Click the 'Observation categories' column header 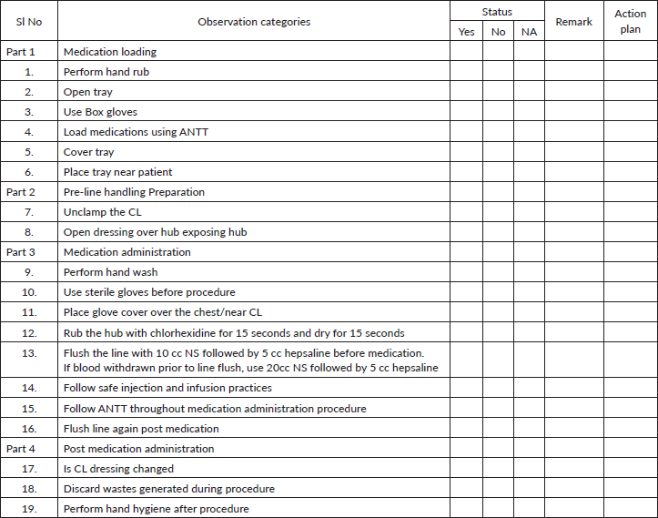[x=254, y=22]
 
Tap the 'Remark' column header [x=573, y=22]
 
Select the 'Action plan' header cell [x=630, y=22]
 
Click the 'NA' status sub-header [x=529, y=32]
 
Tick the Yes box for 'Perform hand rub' [x=466, y=72]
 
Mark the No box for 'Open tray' [x=498, y=92]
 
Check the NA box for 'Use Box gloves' [x=529, y=112]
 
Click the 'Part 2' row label [x=21, y=192]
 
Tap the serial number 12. [x=29, y=332]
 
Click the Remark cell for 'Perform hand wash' [x=573, y=272]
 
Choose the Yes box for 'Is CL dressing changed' [x=466, y=469]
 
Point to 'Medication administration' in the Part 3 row [x=127, y=252]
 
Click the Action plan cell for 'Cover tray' [x=630, y=152]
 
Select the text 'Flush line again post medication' [x=141, y=429]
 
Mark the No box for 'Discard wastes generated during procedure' [x=498, y=489]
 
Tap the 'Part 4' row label [x=21, y=449]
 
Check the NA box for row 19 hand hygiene [x=529, y=509]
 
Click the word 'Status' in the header [x=497, y=12]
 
